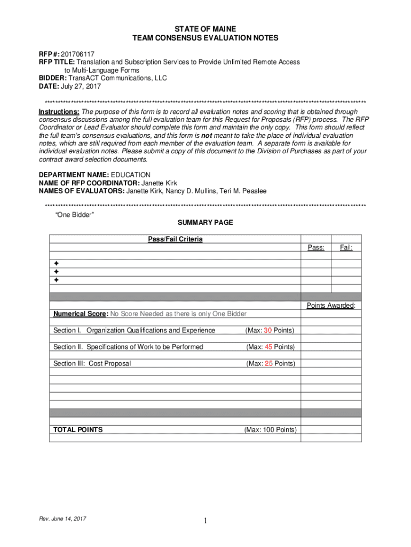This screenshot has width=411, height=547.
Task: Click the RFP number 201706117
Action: [x=77, y=54]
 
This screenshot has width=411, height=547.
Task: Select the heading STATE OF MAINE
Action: [x=205, y=28]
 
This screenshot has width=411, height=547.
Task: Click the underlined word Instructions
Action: [x=59, y=112]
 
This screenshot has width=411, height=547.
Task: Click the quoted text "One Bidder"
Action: [x=75, y=214]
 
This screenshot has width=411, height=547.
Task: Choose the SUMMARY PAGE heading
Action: [x=205, y=223]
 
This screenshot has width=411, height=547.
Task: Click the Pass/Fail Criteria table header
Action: [x=175, y=239]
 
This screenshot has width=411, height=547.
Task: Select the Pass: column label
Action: [x=315, y=247]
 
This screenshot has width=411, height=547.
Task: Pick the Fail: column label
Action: [x=346, y=247]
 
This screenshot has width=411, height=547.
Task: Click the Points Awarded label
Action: [x=330, y=306]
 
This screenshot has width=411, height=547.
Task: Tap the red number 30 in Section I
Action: [x=268, y=331]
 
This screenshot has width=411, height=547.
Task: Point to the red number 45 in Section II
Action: [x=268, y=347]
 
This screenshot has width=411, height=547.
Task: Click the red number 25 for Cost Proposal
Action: [x=268, y=364]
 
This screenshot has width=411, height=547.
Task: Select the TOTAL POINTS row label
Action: [x=78, y=429]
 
